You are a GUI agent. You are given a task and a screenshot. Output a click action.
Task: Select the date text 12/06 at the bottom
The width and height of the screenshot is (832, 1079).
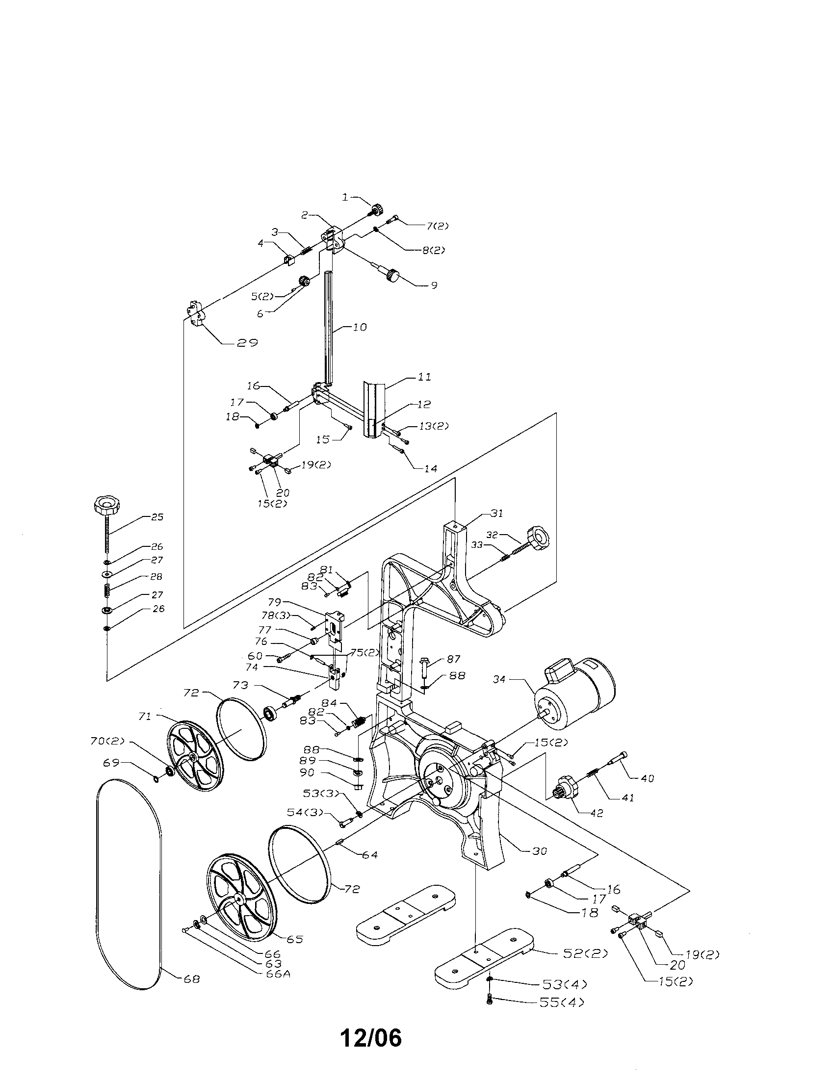370,1038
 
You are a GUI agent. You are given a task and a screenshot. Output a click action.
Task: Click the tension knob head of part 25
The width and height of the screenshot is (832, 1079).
105,505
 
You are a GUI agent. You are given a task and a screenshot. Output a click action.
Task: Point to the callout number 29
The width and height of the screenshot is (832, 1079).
247,343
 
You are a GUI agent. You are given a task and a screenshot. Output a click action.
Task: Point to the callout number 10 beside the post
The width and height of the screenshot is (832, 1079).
360,327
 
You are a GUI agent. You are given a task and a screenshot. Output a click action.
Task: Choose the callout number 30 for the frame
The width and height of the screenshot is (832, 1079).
540,851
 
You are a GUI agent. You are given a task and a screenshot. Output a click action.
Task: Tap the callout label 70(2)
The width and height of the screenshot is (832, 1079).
107,741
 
